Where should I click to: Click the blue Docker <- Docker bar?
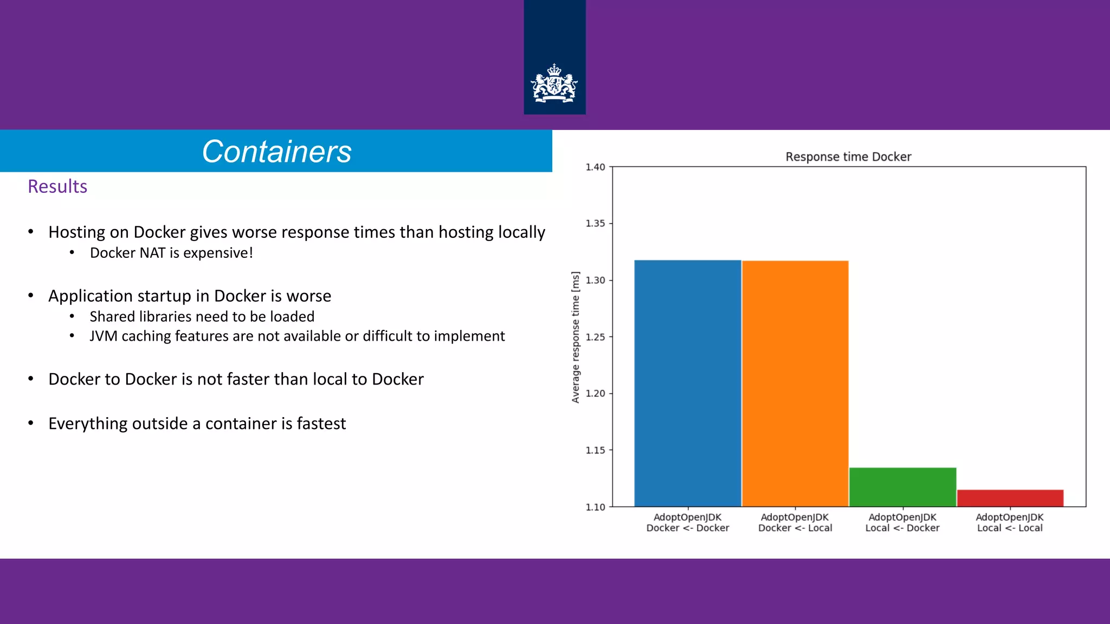pos(687,383)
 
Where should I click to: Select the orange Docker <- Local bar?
pos(795,383)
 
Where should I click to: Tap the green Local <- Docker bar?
pos(902,487)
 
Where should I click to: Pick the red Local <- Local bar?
pos(1010,498)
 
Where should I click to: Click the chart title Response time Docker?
pos(848,157)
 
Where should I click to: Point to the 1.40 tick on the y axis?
pos(595,167)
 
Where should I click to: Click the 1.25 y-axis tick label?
pos(595,337)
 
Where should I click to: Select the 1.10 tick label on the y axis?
pos(595,507)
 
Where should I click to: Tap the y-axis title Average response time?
pos(576,337)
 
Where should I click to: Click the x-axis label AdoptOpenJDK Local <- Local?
pos(1010,523)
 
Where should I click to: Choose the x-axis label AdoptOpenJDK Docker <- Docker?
pos(687,523)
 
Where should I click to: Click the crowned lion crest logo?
pos(554,84)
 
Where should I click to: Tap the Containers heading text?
pos(276,152)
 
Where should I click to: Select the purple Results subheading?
pos(57,186)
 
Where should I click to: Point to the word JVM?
pos(104,336)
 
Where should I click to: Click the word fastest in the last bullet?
pos(321,424)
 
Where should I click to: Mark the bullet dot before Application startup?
pos(31,296)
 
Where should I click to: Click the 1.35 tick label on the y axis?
pos(595,224)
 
